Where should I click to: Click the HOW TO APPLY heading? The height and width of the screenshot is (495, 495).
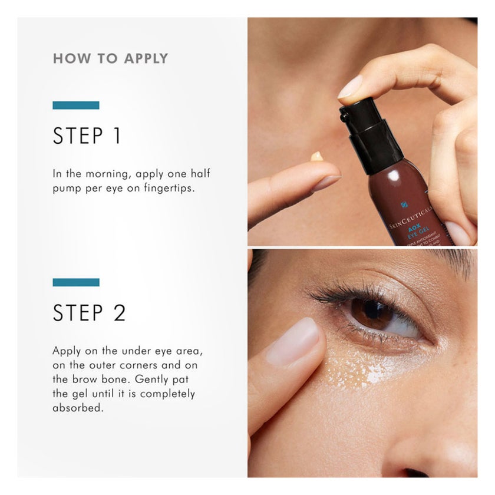[x=110, y=58]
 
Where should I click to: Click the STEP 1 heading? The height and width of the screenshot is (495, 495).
[x=87, y=136]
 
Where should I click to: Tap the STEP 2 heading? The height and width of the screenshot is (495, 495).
[x=89, y=312]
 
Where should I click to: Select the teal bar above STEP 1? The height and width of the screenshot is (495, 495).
[x=75, y=105]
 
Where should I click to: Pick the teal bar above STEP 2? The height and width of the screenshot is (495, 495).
[x=75, y=282]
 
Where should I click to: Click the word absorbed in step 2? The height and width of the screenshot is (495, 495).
[x=78, y=408]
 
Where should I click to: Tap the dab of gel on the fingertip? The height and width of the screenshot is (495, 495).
[x=317, y=156]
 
